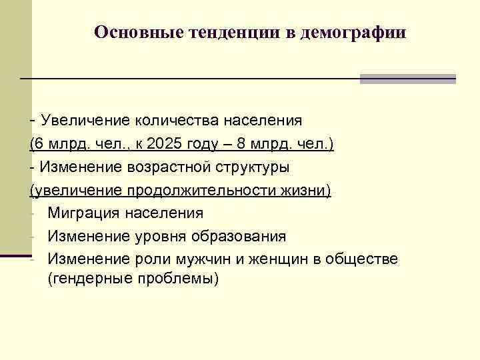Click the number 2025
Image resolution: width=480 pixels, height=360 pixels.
pyautogui.click(x=164, y=143)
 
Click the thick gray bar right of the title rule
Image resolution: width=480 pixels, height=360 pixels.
pyautogui.click(x=407, y=79)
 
